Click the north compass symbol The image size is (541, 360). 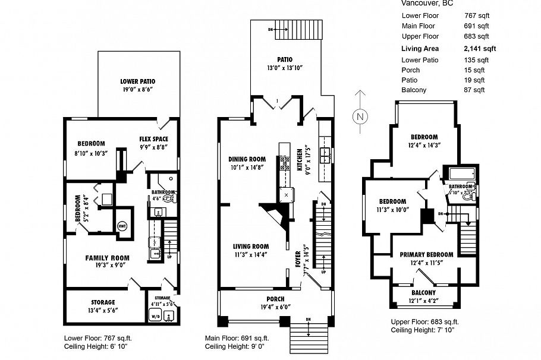(359, 116)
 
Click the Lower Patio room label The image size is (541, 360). (138, 81)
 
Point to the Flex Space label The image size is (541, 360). (153, 139)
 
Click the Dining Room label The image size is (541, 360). (247, 159)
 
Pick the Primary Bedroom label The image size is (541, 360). (422, 254)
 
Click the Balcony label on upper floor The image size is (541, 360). (424, 292)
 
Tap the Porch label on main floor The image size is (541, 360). (275, 298)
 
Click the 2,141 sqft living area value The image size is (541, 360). (480, 49)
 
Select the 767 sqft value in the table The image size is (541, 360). (476, 15)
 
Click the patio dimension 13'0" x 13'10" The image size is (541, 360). (284, 68)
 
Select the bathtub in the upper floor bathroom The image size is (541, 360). (458, 173)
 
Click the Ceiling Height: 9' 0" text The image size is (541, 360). (235, 346)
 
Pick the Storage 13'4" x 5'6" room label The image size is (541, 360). (103, 302)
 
